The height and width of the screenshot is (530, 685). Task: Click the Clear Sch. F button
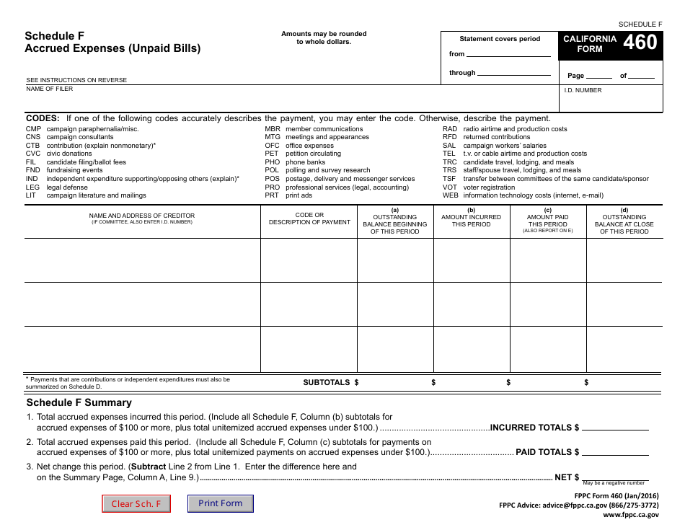point(136,503)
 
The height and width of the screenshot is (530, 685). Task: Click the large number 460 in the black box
point(640,43)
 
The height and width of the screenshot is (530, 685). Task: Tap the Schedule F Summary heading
point(79,402)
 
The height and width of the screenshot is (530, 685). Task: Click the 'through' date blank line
point(513,74)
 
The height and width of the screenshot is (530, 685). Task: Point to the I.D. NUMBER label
point(583,90)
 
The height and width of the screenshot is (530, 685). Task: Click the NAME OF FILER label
point(50,89)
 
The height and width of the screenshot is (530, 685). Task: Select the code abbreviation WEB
point(450,195)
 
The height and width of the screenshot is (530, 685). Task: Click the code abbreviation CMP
point(33,129)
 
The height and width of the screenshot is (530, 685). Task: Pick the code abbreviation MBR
point(273,129)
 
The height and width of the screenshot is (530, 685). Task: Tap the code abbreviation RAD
point(449,129)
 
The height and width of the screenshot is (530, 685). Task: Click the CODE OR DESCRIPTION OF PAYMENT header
point(309,218)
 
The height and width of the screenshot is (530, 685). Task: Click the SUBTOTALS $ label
point(330,383)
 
